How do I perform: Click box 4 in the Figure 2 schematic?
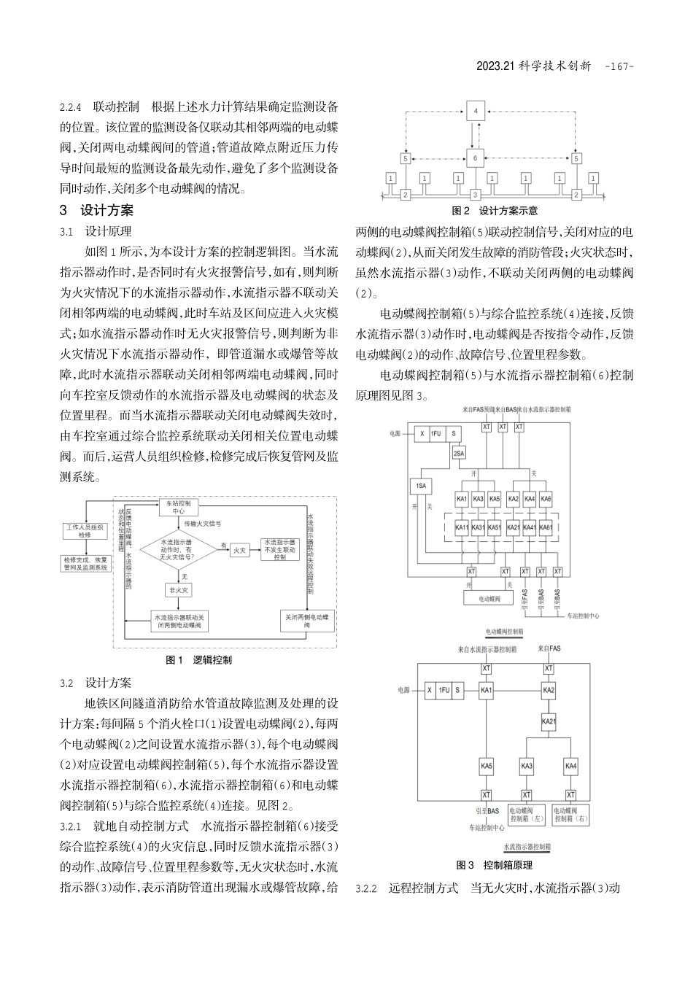point(475,111)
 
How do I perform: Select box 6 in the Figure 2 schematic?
point(475,157)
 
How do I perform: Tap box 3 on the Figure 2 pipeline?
point(475,195)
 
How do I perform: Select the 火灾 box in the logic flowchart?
point(239,550)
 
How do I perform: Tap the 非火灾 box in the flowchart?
point(178,590)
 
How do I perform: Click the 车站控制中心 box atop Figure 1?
point(179,508)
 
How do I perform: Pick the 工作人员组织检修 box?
point(85,530)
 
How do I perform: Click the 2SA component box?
point(459,453)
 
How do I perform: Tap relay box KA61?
point(545,527)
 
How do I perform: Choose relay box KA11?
point(462,527)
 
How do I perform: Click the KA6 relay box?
point(545,499)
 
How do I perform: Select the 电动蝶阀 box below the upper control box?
point(490,597)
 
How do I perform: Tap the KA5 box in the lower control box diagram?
point(487,767)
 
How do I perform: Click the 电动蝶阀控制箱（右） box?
point(571,815)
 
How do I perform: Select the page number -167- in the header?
point(619,66)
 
